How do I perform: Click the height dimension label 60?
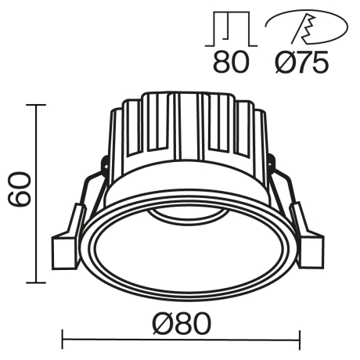click(20, 190)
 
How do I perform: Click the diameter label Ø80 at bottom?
click(181, 323)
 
